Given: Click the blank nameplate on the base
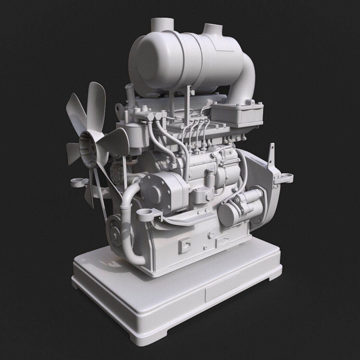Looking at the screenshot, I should (x=222, y=289).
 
